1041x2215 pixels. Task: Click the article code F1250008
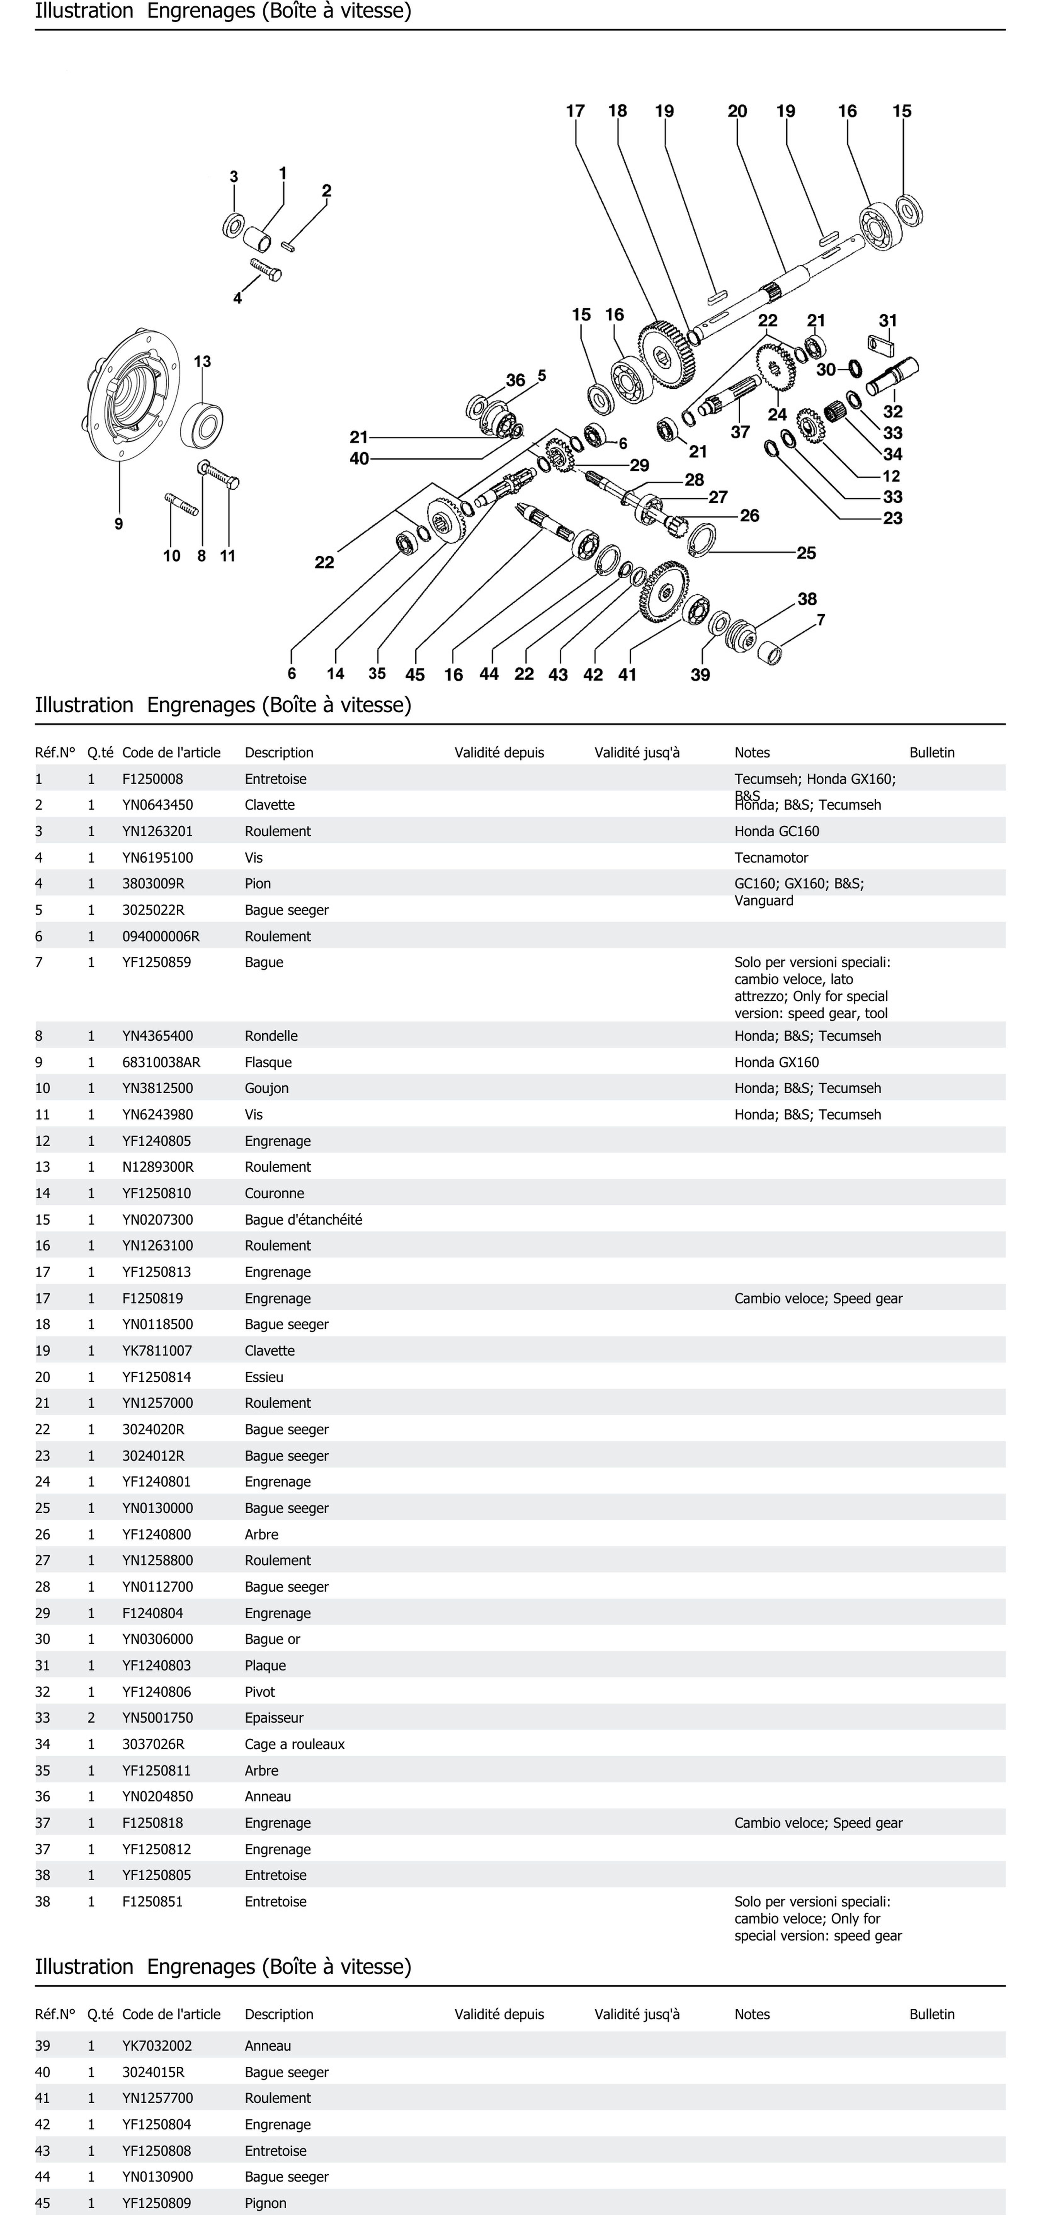(152, 779)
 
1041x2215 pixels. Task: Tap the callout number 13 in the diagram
(202, 362)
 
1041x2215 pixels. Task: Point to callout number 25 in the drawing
(806, 553)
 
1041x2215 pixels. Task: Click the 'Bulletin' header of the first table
(932, 752)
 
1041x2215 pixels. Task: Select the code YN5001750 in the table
(157, 1717)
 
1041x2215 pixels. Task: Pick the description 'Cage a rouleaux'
(294, 1744)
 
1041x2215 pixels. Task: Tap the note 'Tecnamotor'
(771, 857)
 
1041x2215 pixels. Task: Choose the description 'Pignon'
(265, 2203)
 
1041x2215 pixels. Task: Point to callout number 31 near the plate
(888, 321)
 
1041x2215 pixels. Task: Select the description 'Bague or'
(272, 1639)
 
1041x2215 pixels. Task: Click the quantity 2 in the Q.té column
(91, 1717)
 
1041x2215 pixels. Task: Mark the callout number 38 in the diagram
(807, 599)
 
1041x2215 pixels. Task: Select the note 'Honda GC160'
(776, 831)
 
